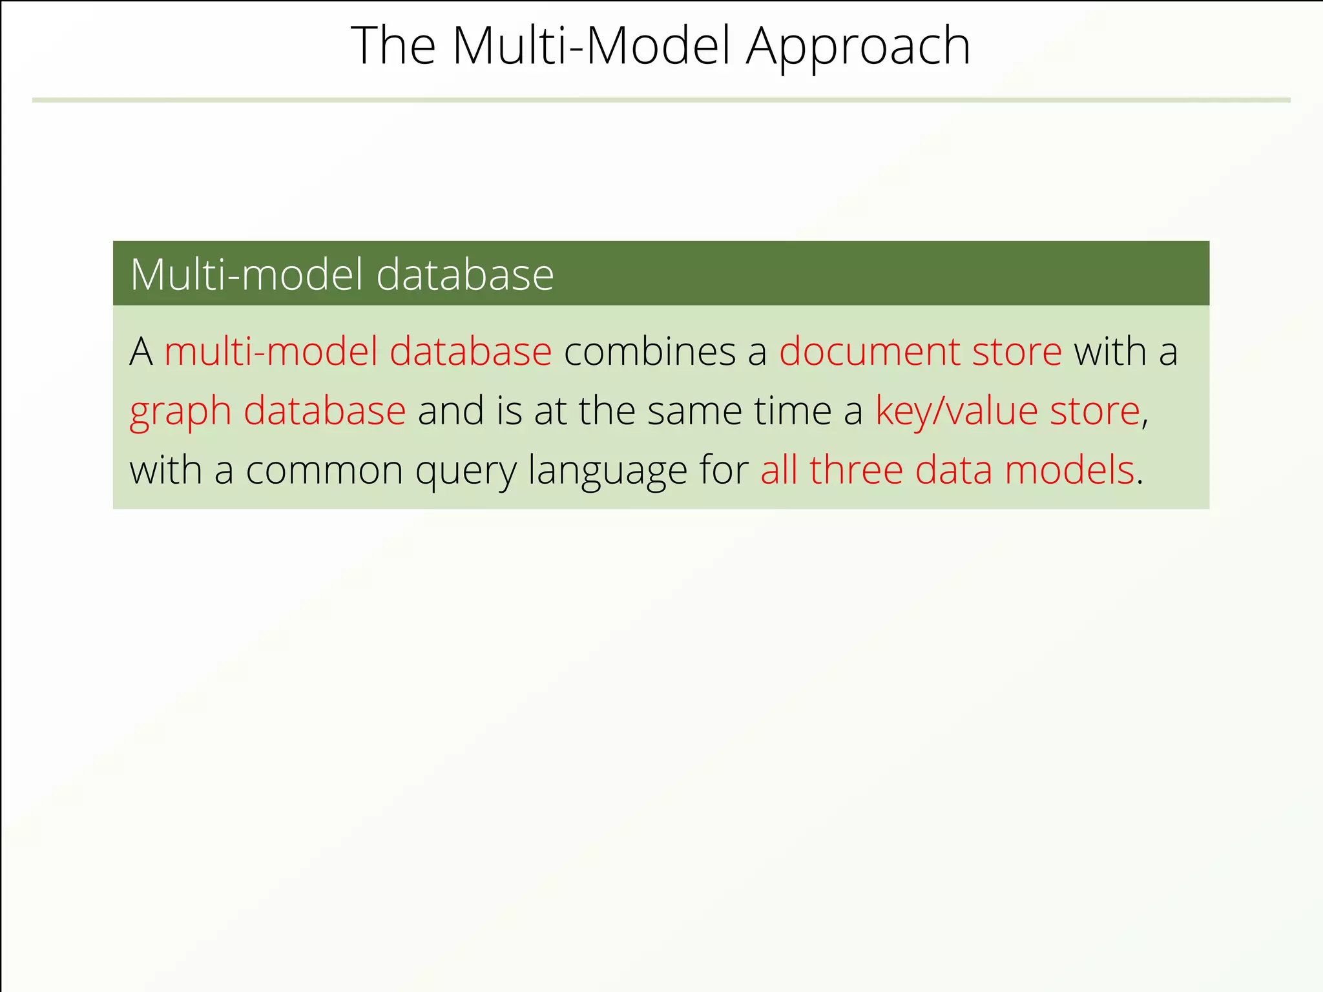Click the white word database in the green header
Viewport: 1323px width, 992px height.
click(464, 274)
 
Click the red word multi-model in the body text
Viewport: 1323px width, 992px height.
click(271, 352)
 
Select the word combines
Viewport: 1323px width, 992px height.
click(650, 352)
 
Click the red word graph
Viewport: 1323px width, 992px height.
click(180, 412)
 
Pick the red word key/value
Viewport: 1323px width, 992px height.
click(956, 411)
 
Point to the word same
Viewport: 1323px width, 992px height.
click(694, 411)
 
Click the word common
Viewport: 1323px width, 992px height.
click(324, 470)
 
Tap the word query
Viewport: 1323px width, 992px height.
click(466, 471)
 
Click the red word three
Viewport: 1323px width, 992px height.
click(855, 470)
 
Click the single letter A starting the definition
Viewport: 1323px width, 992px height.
click(141, 352)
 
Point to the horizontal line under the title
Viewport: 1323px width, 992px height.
click(661, 100)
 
